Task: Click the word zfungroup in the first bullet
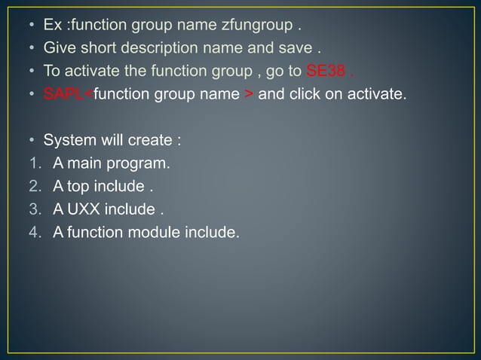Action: [256, 27]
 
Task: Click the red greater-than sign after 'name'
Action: [250, 95]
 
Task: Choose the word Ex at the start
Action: [52, 27]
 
